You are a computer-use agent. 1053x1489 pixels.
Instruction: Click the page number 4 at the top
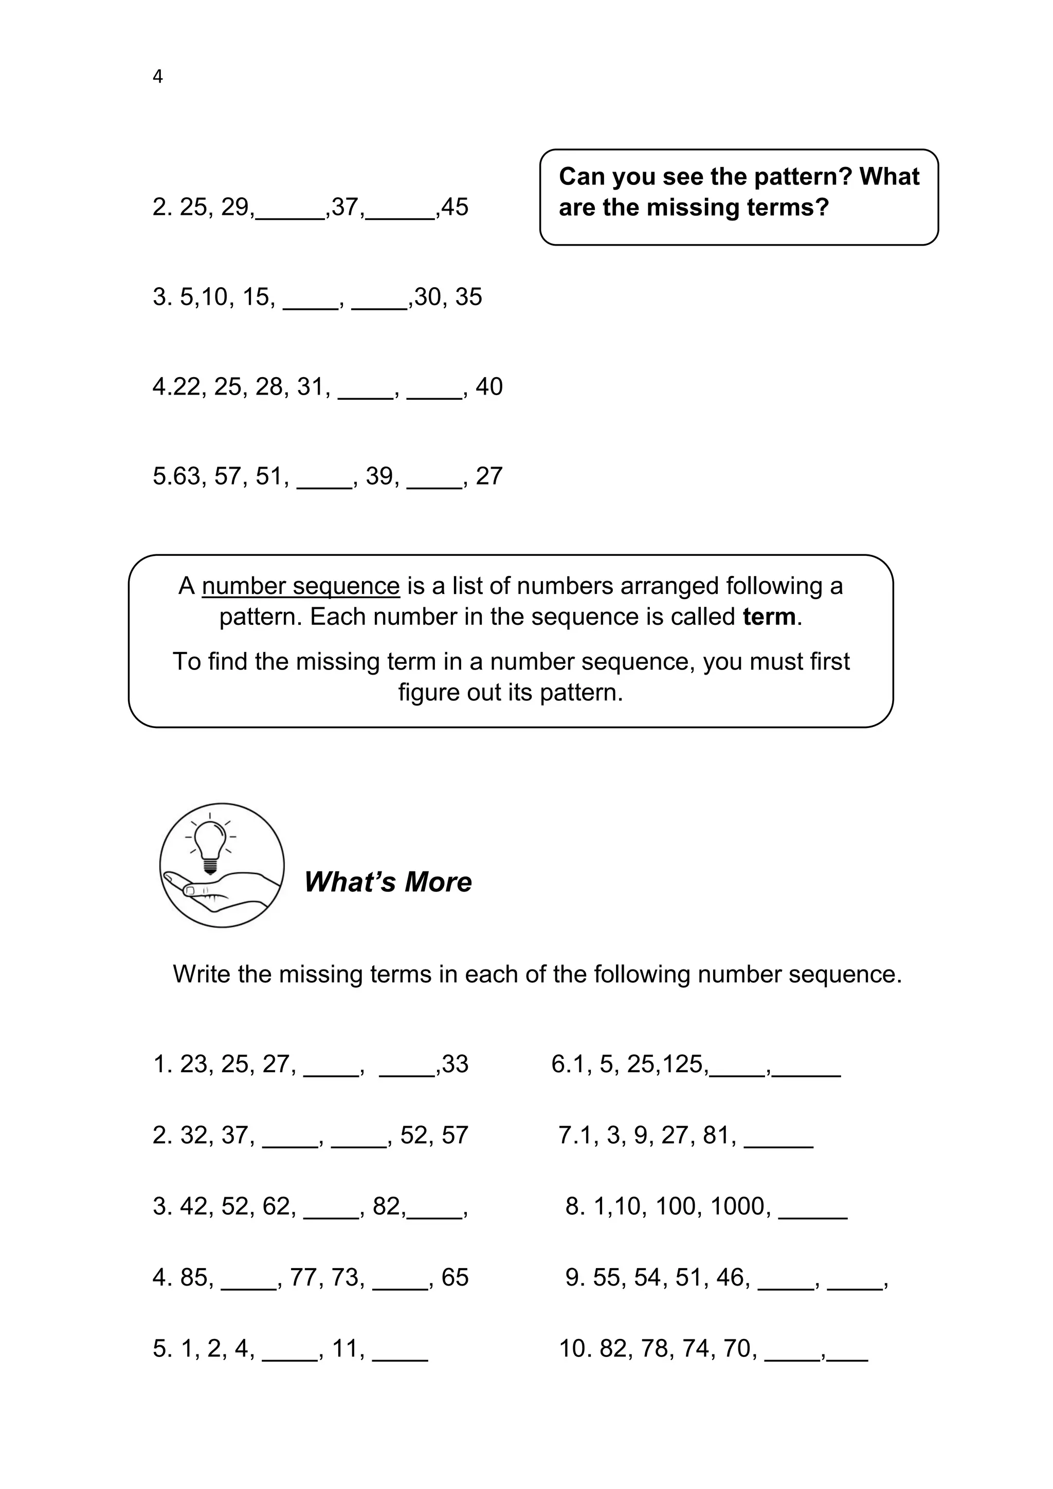pyautogui.click(x=158, y=77)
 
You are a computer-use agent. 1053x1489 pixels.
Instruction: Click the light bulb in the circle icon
pyautogui.click(x=210, y=841)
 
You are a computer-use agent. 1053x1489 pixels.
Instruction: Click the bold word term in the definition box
pyautogui.click(x=769, y=617)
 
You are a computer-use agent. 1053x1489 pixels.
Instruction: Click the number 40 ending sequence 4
pyautogui.click(x=489, y=387)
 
